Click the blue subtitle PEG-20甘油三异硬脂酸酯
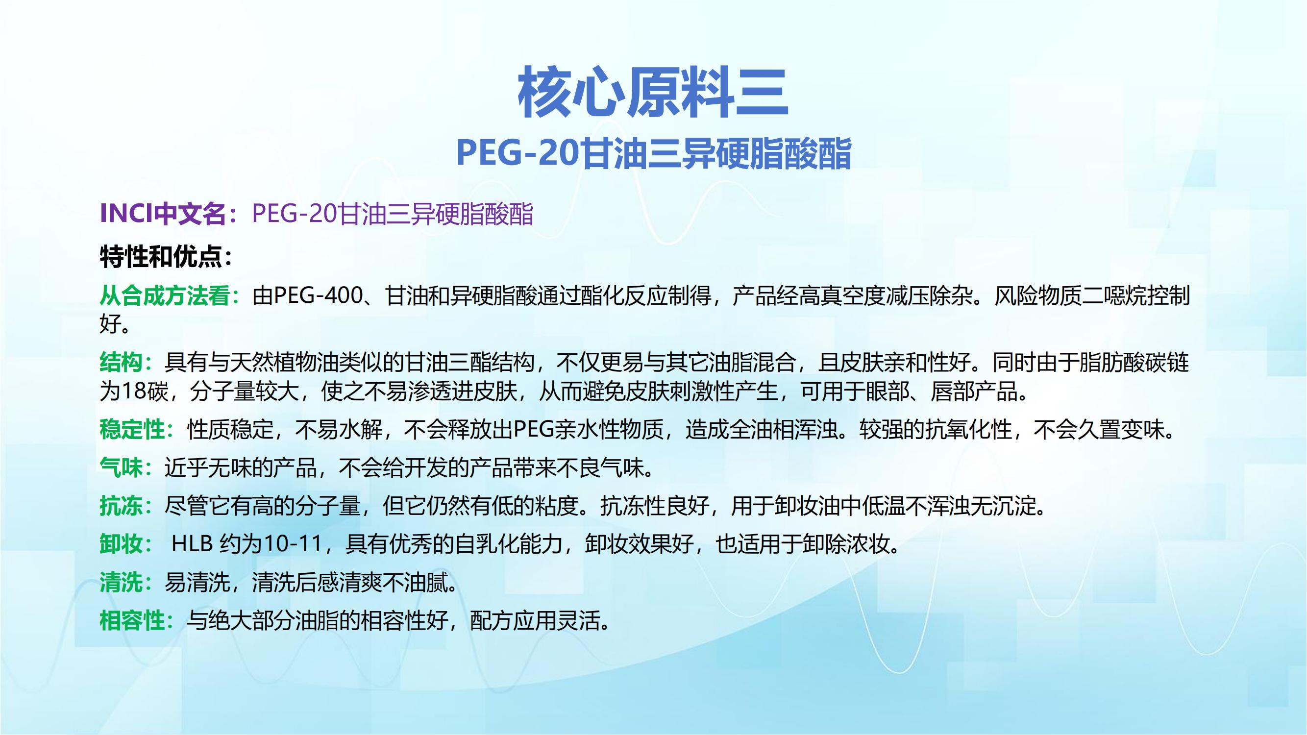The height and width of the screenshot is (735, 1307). coord(654,153)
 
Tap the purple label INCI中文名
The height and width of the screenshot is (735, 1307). coord(163,214)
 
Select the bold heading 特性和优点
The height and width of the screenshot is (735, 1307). coord(161,257)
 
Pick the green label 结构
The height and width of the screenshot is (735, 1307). coord(121,362)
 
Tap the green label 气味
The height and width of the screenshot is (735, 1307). coord(121,467)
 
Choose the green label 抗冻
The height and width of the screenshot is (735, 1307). coord(121,506)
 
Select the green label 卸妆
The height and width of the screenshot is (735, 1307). coord(121,544)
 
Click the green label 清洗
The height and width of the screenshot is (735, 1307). coord(121,582)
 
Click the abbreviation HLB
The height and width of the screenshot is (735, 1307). coord(192,544)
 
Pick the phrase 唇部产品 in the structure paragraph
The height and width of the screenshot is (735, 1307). coord(974,391)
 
